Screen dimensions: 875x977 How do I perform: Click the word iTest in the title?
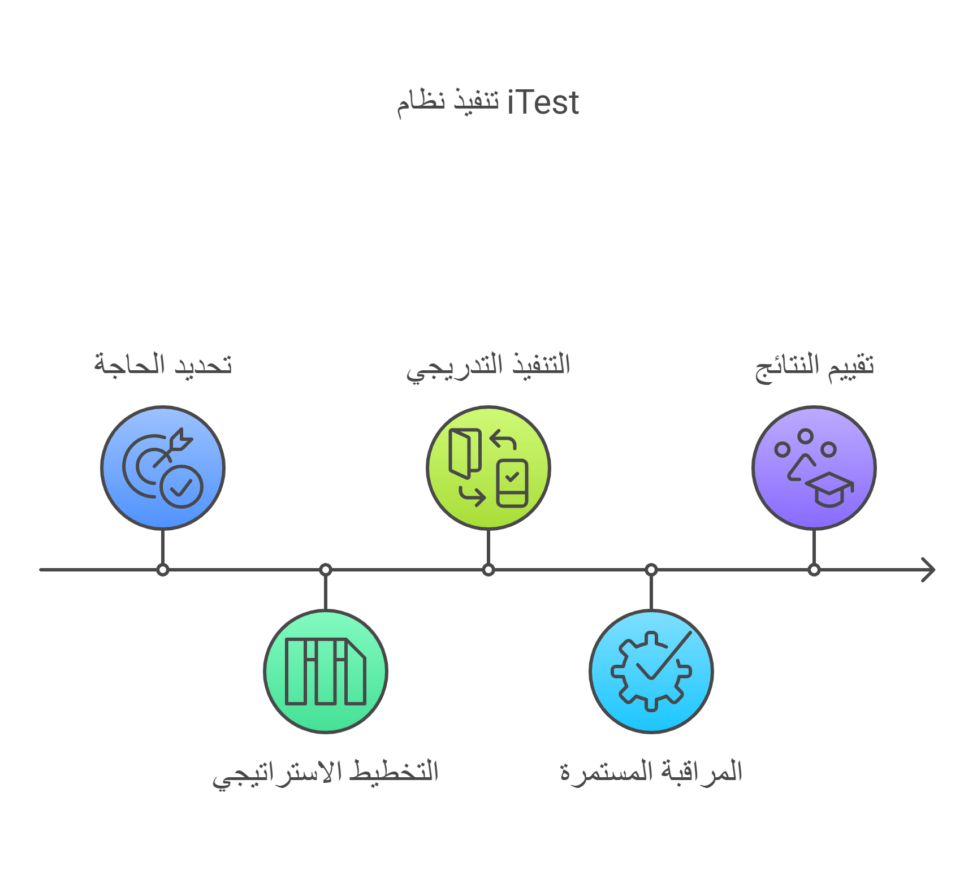pyautogui.click(x=543, y=103)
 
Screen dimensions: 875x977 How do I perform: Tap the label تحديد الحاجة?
pyautogui.click(x=163, y=365)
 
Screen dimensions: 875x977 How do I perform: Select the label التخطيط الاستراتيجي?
pyautogui.click(x=326, y=773)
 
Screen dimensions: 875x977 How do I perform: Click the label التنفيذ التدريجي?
pyautogui.click(x=488, y=366)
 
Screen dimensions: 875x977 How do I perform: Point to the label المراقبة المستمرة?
pyautogui.click(x=651, y=772)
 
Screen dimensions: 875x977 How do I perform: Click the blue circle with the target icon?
pyautogui.click(x=163, y=467)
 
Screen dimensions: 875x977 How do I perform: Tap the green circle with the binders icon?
pyautogui.click(x=326, y=672)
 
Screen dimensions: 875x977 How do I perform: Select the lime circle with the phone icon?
pyautogui.click(x=488, y=467)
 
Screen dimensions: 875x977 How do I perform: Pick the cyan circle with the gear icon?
pyautogui.click(x=651, y=672)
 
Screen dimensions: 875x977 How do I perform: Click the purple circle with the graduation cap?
pyautogui.click(x=814, y=467)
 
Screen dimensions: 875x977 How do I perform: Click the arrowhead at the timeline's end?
pyautogui.click(x=928, y=570)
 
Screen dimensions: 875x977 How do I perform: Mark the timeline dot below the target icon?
pyautogui.click(x=163, y=570)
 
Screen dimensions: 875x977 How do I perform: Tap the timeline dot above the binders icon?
pyautogui.click(x=326, y=570)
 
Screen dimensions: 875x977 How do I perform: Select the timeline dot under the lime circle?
pyautogui.click(x=488, y=570)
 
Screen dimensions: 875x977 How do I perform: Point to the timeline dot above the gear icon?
pyautogui.click(x=651, y=570)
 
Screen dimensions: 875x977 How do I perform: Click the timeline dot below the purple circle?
pyautogui.click(x=814, y=570)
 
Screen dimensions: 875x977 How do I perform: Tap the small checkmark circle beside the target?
pyautogui.click(x=181, y=486)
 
